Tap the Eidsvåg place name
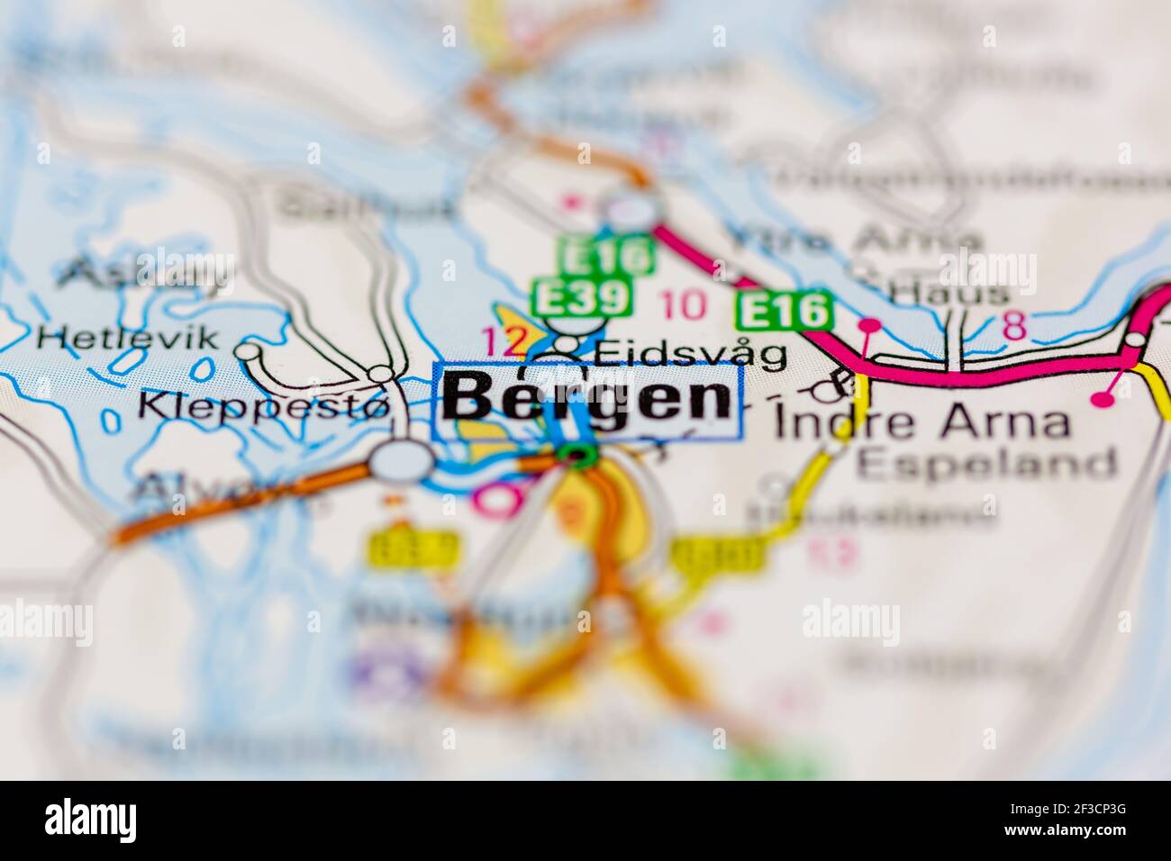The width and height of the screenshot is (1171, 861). click(690, 353)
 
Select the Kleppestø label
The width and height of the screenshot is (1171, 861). click(264, 406)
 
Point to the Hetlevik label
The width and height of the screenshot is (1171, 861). click(129, 338)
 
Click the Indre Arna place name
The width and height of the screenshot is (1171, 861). click(922, 421)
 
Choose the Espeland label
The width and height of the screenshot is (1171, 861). click(986, 464)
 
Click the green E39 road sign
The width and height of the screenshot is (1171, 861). click(582, 296)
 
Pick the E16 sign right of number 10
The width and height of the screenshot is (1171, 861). click(782, 312)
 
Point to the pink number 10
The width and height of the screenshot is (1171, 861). click(684, 306)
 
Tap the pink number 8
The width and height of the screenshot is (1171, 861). click(1014, 326)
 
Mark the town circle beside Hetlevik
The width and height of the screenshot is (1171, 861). click(247, 351)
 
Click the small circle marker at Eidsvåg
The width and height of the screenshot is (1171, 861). click(567, 345)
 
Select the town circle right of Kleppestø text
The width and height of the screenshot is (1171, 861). click(382, 372)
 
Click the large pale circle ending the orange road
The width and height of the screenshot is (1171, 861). click(402, 461)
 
